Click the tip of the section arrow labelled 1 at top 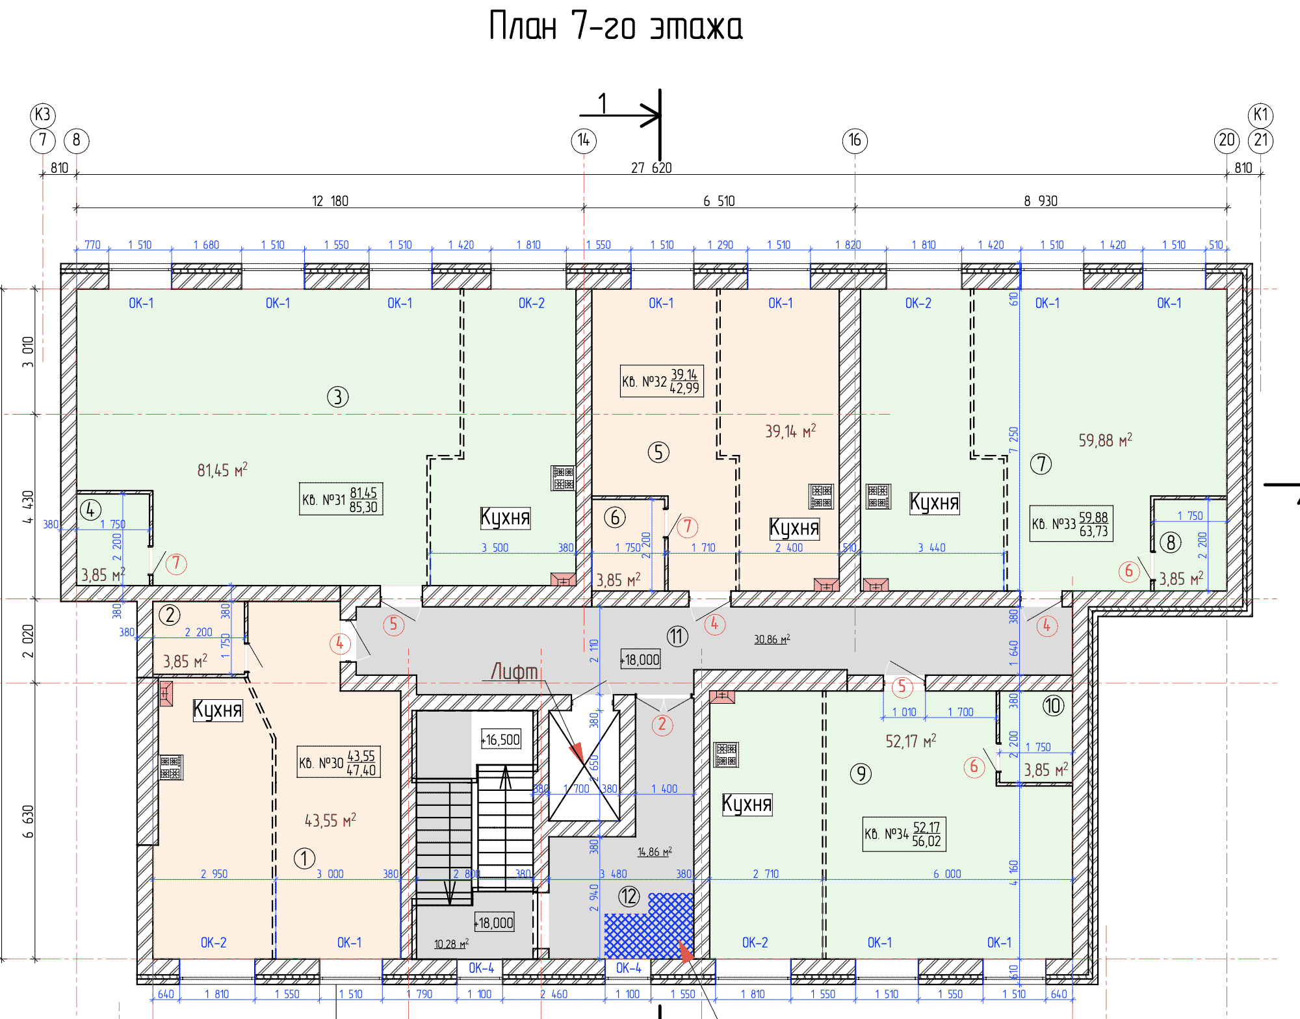659,116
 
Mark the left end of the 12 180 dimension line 77,208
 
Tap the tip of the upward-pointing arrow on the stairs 506,766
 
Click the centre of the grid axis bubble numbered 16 855,140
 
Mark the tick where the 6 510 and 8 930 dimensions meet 855,208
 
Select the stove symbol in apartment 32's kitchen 821,497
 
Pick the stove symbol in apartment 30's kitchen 171,767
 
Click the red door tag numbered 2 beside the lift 662,724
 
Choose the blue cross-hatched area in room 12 649,926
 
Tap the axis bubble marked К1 1261,115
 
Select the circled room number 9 861,773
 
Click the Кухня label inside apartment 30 218,710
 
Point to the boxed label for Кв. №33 1071,524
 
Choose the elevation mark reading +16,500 501,740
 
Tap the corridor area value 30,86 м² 772,639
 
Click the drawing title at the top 616,26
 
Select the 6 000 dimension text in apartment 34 947,874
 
